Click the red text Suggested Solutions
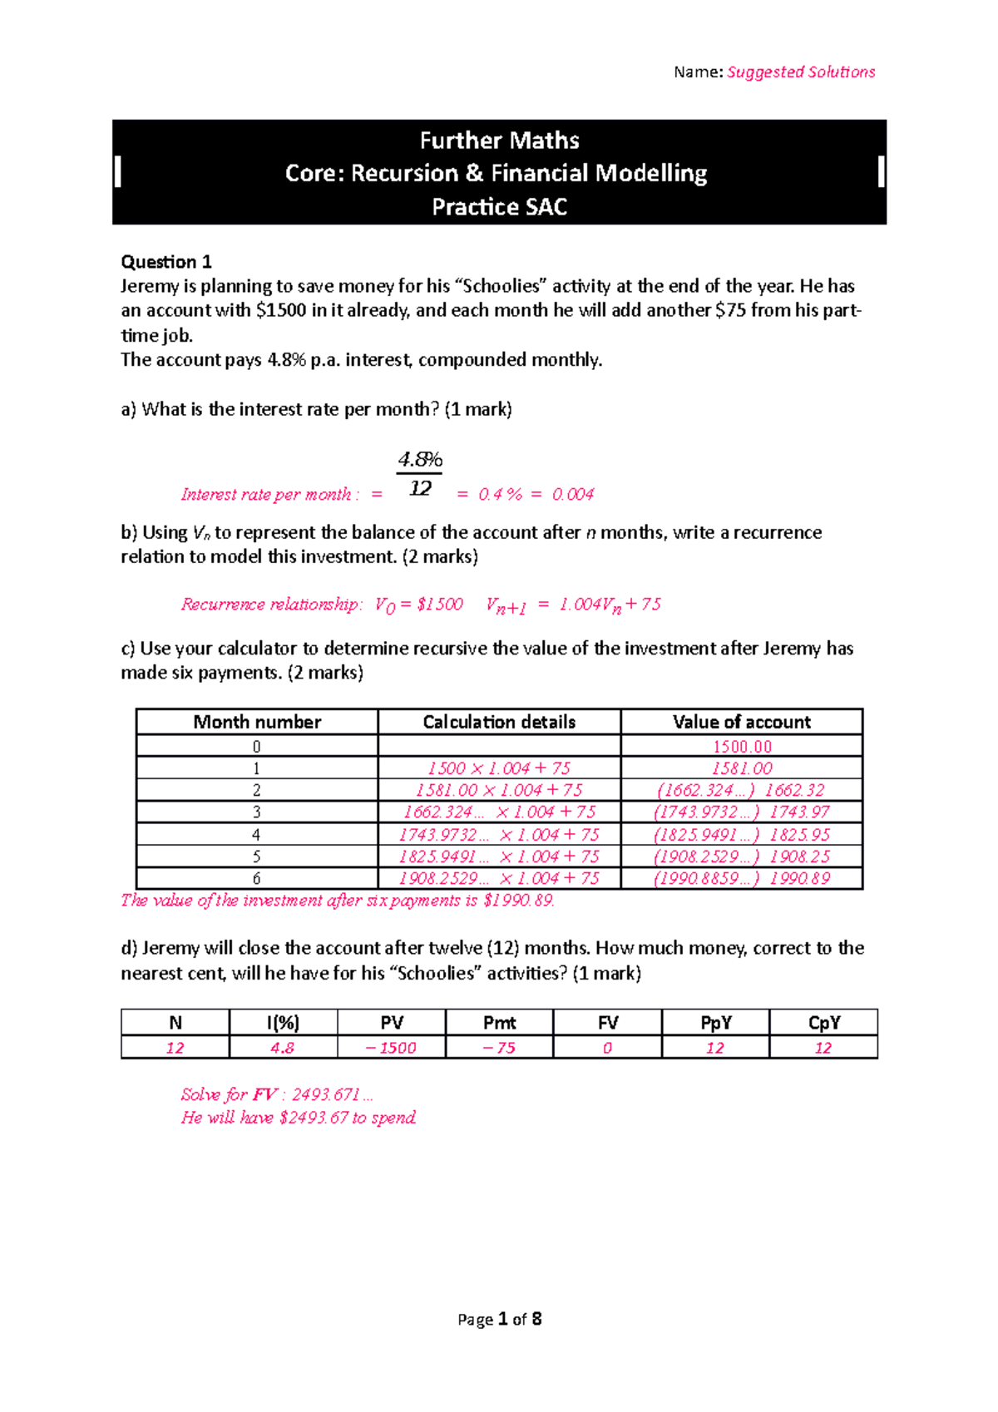pos(800,72)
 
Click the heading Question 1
pos(166,262)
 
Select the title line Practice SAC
pos(499,207)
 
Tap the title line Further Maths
pos(499,141)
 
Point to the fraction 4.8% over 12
pos(420,474)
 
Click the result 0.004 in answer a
pos(573,495)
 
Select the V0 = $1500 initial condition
pos(418,605)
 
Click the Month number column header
pos(257,722)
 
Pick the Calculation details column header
pos(499,722)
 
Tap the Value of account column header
pos(741,722)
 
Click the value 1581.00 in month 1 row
pos(741,768)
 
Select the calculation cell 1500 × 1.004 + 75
pos(499,768)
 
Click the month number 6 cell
pos(256,878)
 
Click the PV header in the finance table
pos(391,1023)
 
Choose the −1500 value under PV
pos(391,1048)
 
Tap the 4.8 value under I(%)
pos(282,1048)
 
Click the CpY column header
pos(823,1023)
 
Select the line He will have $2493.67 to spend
pos(299,1118)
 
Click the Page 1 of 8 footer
pos(499,1320)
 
